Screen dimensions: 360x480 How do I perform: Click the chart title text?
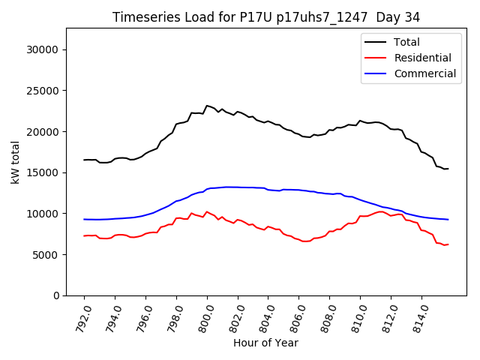tap(266, 17)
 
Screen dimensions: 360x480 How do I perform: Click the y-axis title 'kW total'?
tap(16, 161)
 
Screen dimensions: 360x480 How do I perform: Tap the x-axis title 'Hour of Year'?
tap(265, 343)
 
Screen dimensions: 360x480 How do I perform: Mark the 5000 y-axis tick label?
tap(46, 254)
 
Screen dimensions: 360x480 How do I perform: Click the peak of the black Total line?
tap(207, 106)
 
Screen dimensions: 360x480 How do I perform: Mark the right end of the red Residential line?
tap(448, 244)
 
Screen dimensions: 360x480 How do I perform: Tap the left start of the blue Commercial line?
tap(84, 219)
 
